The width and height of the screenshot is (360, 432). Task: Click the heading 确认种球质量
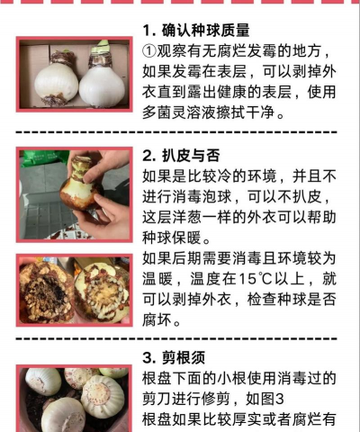(x=206, y=31)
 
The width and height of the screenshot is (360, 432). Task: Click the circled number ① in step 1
(x=150, y=51)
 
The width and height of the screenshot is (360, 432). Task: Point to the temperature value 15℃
(x=257, y=280)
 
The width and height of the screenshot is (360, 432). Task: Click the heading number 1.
(x=148, y=31)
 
